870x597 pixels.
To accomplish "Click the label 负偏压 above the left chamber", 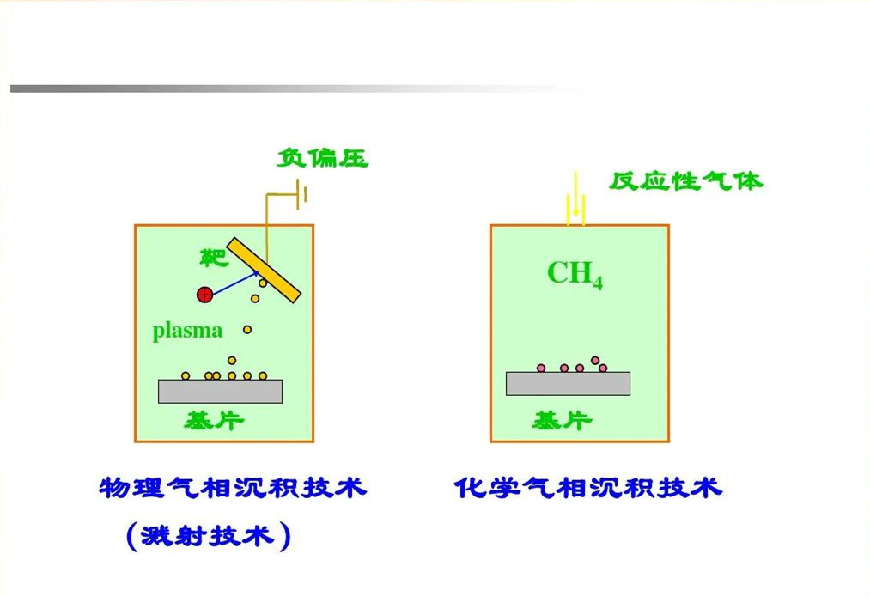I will tap(323, 159).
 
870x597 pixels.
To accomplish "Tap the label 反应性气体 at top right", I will tap(685, 181).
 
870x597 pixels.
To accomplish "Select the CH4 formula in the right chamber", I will tap(575, 275).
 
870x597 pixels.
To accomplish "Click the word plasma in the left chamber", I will tap(187, 331).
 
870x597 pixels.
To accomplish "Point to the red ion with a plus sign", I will tap(204, 295).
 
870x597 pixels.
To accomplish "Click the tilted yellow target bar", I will tap(264, 270).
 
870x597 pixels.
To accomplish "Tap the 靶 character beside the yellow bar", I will tap(212, 257).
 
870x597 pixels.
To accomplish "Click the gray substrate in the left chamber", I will tap(220, 391).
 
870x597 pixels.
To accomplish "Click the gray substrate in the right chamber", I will tap(568, 384).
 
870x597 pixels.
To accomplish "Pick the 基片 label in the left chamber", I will tap(215, 421).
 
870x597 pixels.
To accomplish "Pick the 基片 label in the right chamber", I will tap(563, 421).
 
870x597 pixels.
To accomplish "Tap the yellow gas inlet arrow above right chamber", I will tap(575, 200).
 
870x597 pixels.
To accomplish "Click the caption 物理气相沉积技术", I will tap(234, 489).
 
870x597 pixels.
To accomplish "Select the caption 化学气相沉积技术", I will tap(588, 489).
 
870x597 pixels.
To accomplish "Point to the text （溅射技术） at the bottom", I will tap(209, 537).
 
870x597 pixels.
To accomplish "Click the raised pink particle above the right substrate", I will tap(595, 360).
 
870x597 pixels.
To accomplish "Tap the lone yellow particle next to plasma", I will tap(247, 330).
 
